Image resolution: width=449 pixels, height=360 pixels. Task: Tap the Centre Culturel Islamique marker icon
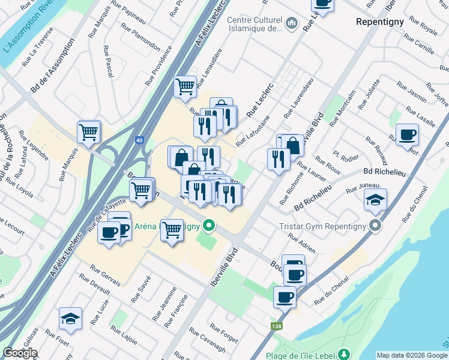pos(292,24)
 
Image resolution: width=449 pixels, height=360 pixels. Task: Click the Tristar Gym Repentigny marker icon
pos(376,226)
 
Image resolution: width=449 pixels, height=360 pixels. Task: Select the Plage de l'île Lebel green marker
pos(343,354)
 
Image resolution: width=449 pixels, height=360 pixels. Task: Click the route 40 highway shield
pos(139,140)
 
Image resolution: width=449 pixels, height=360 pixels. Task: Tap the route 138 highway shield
pos(276,326)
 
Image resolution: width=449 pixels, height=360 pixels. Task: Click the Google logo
pos(20,353)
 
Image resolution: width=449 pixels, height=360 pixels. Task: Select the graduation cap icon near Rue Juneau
pos(375,199)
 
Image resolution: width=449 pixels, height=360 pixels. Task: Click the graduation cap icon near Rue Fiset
pos(70,319)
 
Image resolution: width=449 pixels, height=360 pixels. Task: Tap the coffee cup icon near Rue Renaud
pos(407,134)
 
